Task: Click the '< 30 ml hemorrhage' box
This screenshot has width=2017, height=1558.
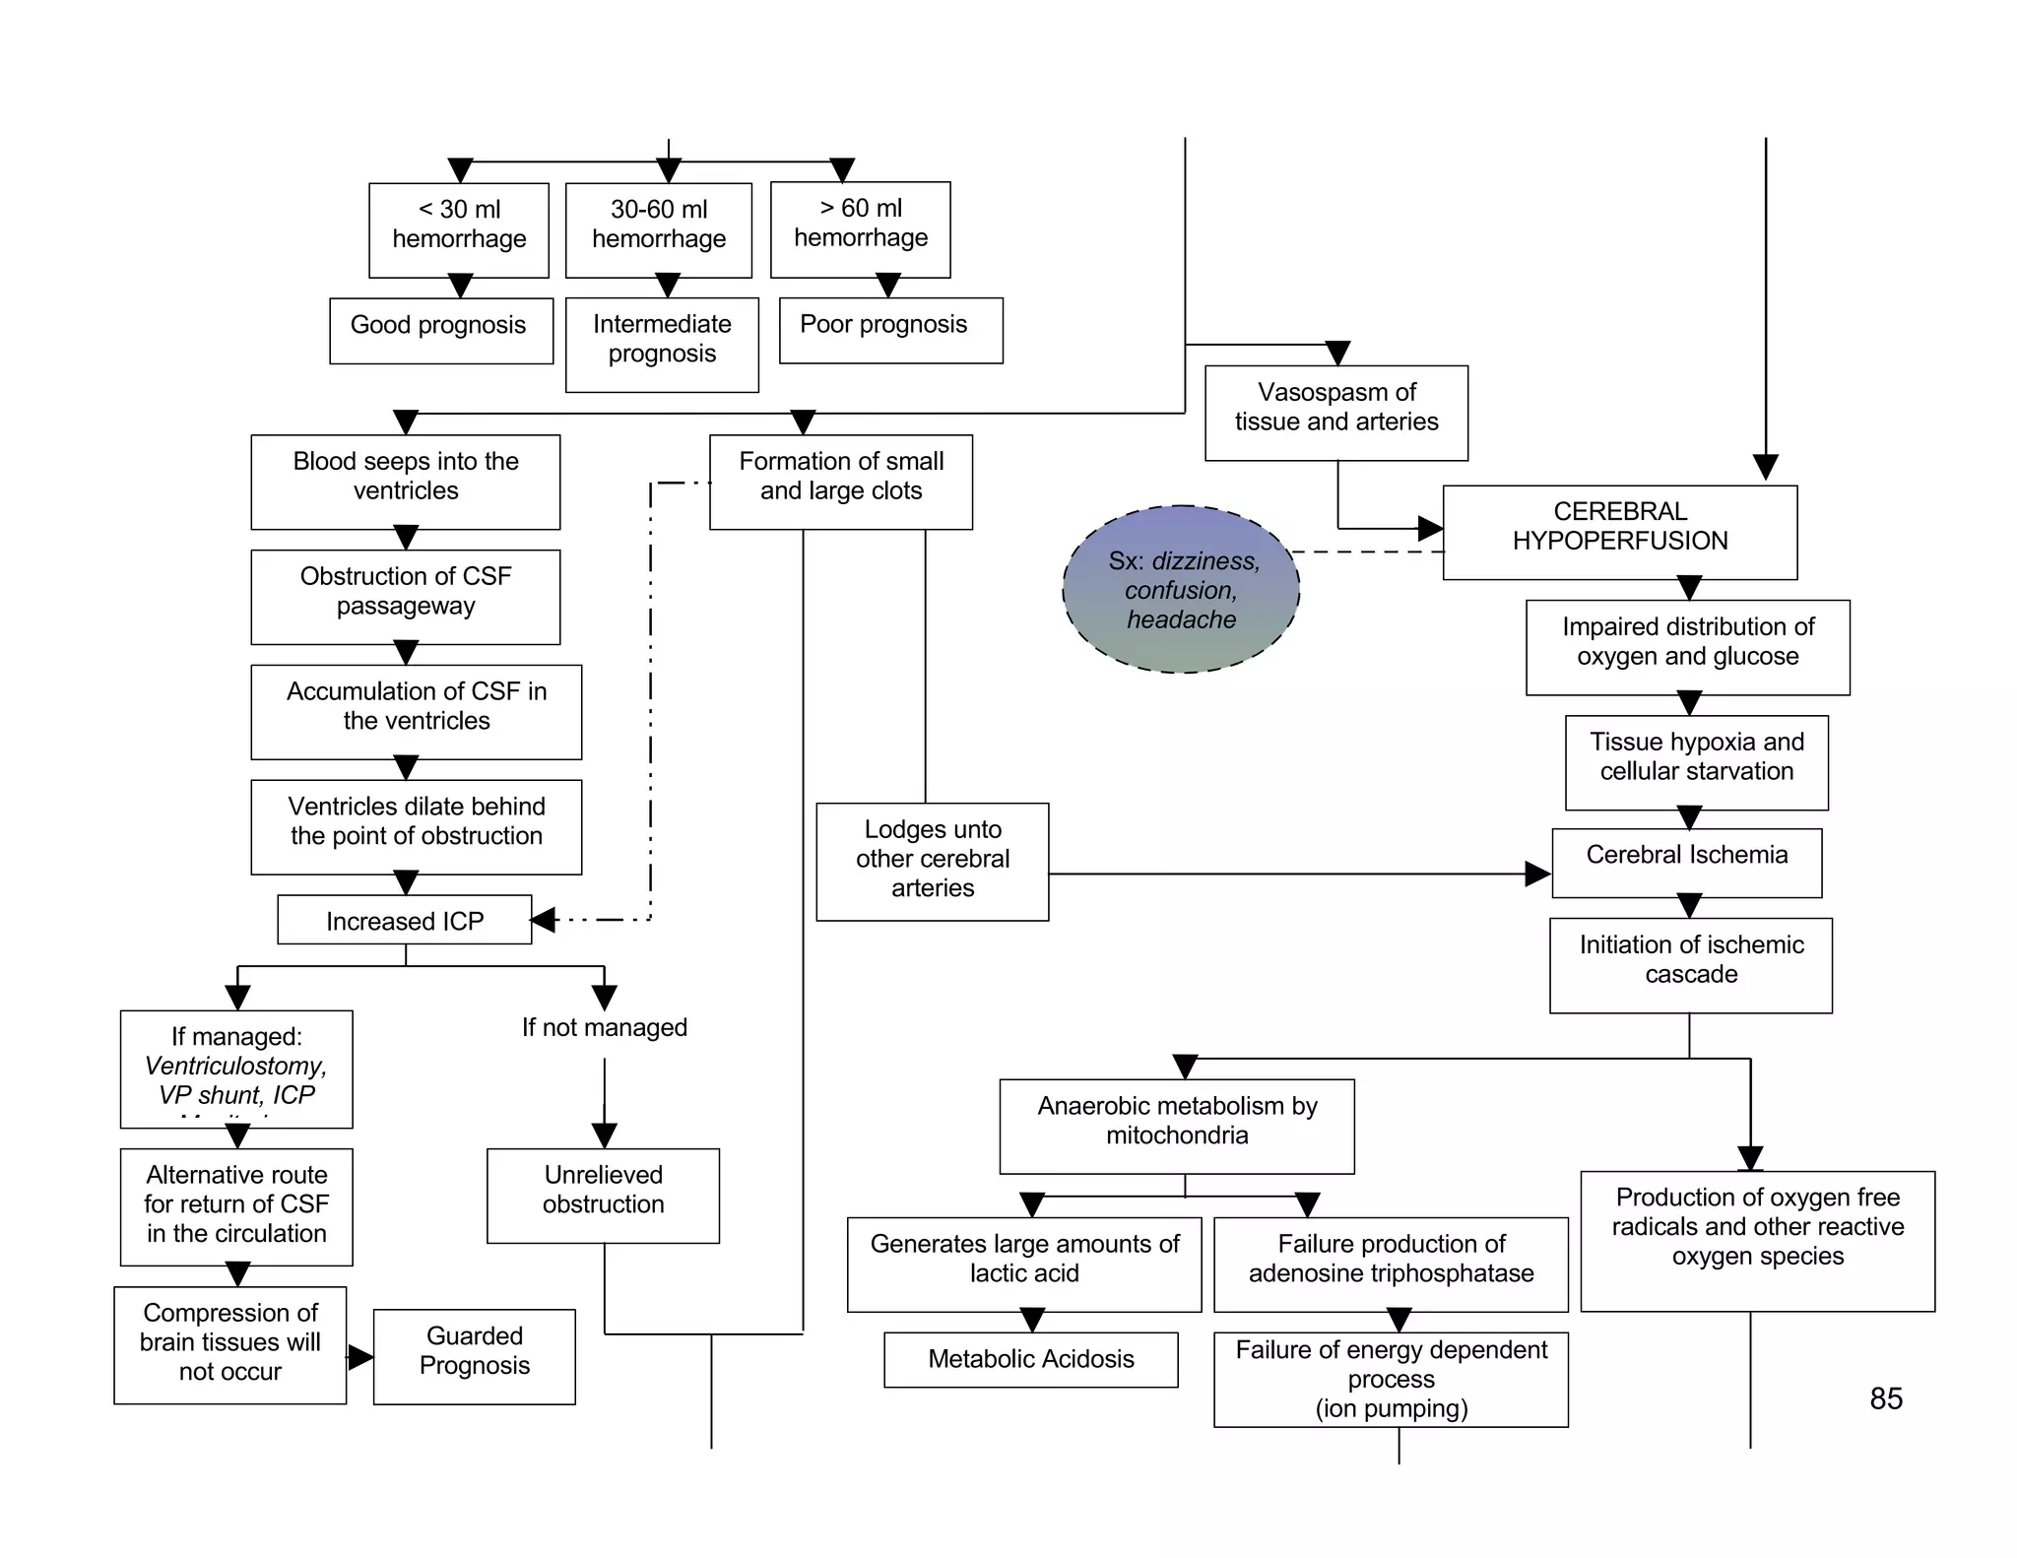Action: coord(459,229)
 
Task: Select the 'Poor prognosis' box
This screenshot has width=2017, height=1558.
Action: coord(890,330)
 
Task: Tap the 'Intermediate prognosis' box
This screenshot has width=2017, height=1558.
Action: coord(662,344)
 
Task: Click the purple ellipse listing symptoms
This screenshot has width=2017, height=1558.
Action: coord(1181,589)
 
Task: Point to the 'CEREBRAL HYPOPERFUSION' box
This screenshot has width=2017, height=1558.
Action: coord(1619,532)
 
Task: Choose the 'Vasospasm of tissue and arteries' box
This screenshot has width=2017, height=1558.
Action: coord(1335,413)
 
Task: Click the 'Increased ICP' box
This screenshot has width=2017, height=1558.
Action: coord(404,920)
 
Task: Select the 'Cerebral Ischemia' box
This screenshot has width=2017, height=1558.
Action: coord(1686,862)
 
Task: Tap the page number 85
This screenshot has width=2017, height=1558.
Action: coord(1885,1397)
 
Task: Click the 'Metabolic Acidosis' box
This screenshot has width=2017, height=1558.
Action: coord(1030,1359)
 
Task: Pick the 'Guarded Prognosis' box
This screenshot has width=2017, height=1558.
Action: coord(474,1355)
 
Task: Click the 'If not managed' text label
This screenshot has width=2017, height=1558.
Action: coord(604,1027)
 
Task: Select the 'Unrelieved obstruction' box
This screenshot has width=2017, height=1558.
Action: coord(603,1195)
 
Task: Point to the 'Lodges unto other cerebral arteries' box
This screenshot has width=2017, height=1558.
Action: coord(932,861)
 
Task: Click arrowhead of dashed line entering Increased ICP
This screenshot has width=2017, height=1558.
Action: coord(543,920)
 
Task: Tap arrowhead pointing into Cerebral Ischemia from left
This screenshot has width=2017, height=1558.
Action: coord(1537,873)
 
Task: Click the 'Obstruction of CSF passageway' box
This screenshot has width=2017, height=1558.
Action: coord(405,596)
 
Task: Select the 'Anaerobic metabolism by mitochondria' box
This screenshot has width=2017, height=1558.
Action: coord(1176,1126)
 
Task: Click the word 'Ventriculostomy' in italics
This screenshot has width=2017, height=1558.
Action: coord(235,1066)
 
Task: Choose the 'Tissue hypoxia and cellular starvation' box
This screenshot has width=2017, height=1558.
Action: coord(1696,762)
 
